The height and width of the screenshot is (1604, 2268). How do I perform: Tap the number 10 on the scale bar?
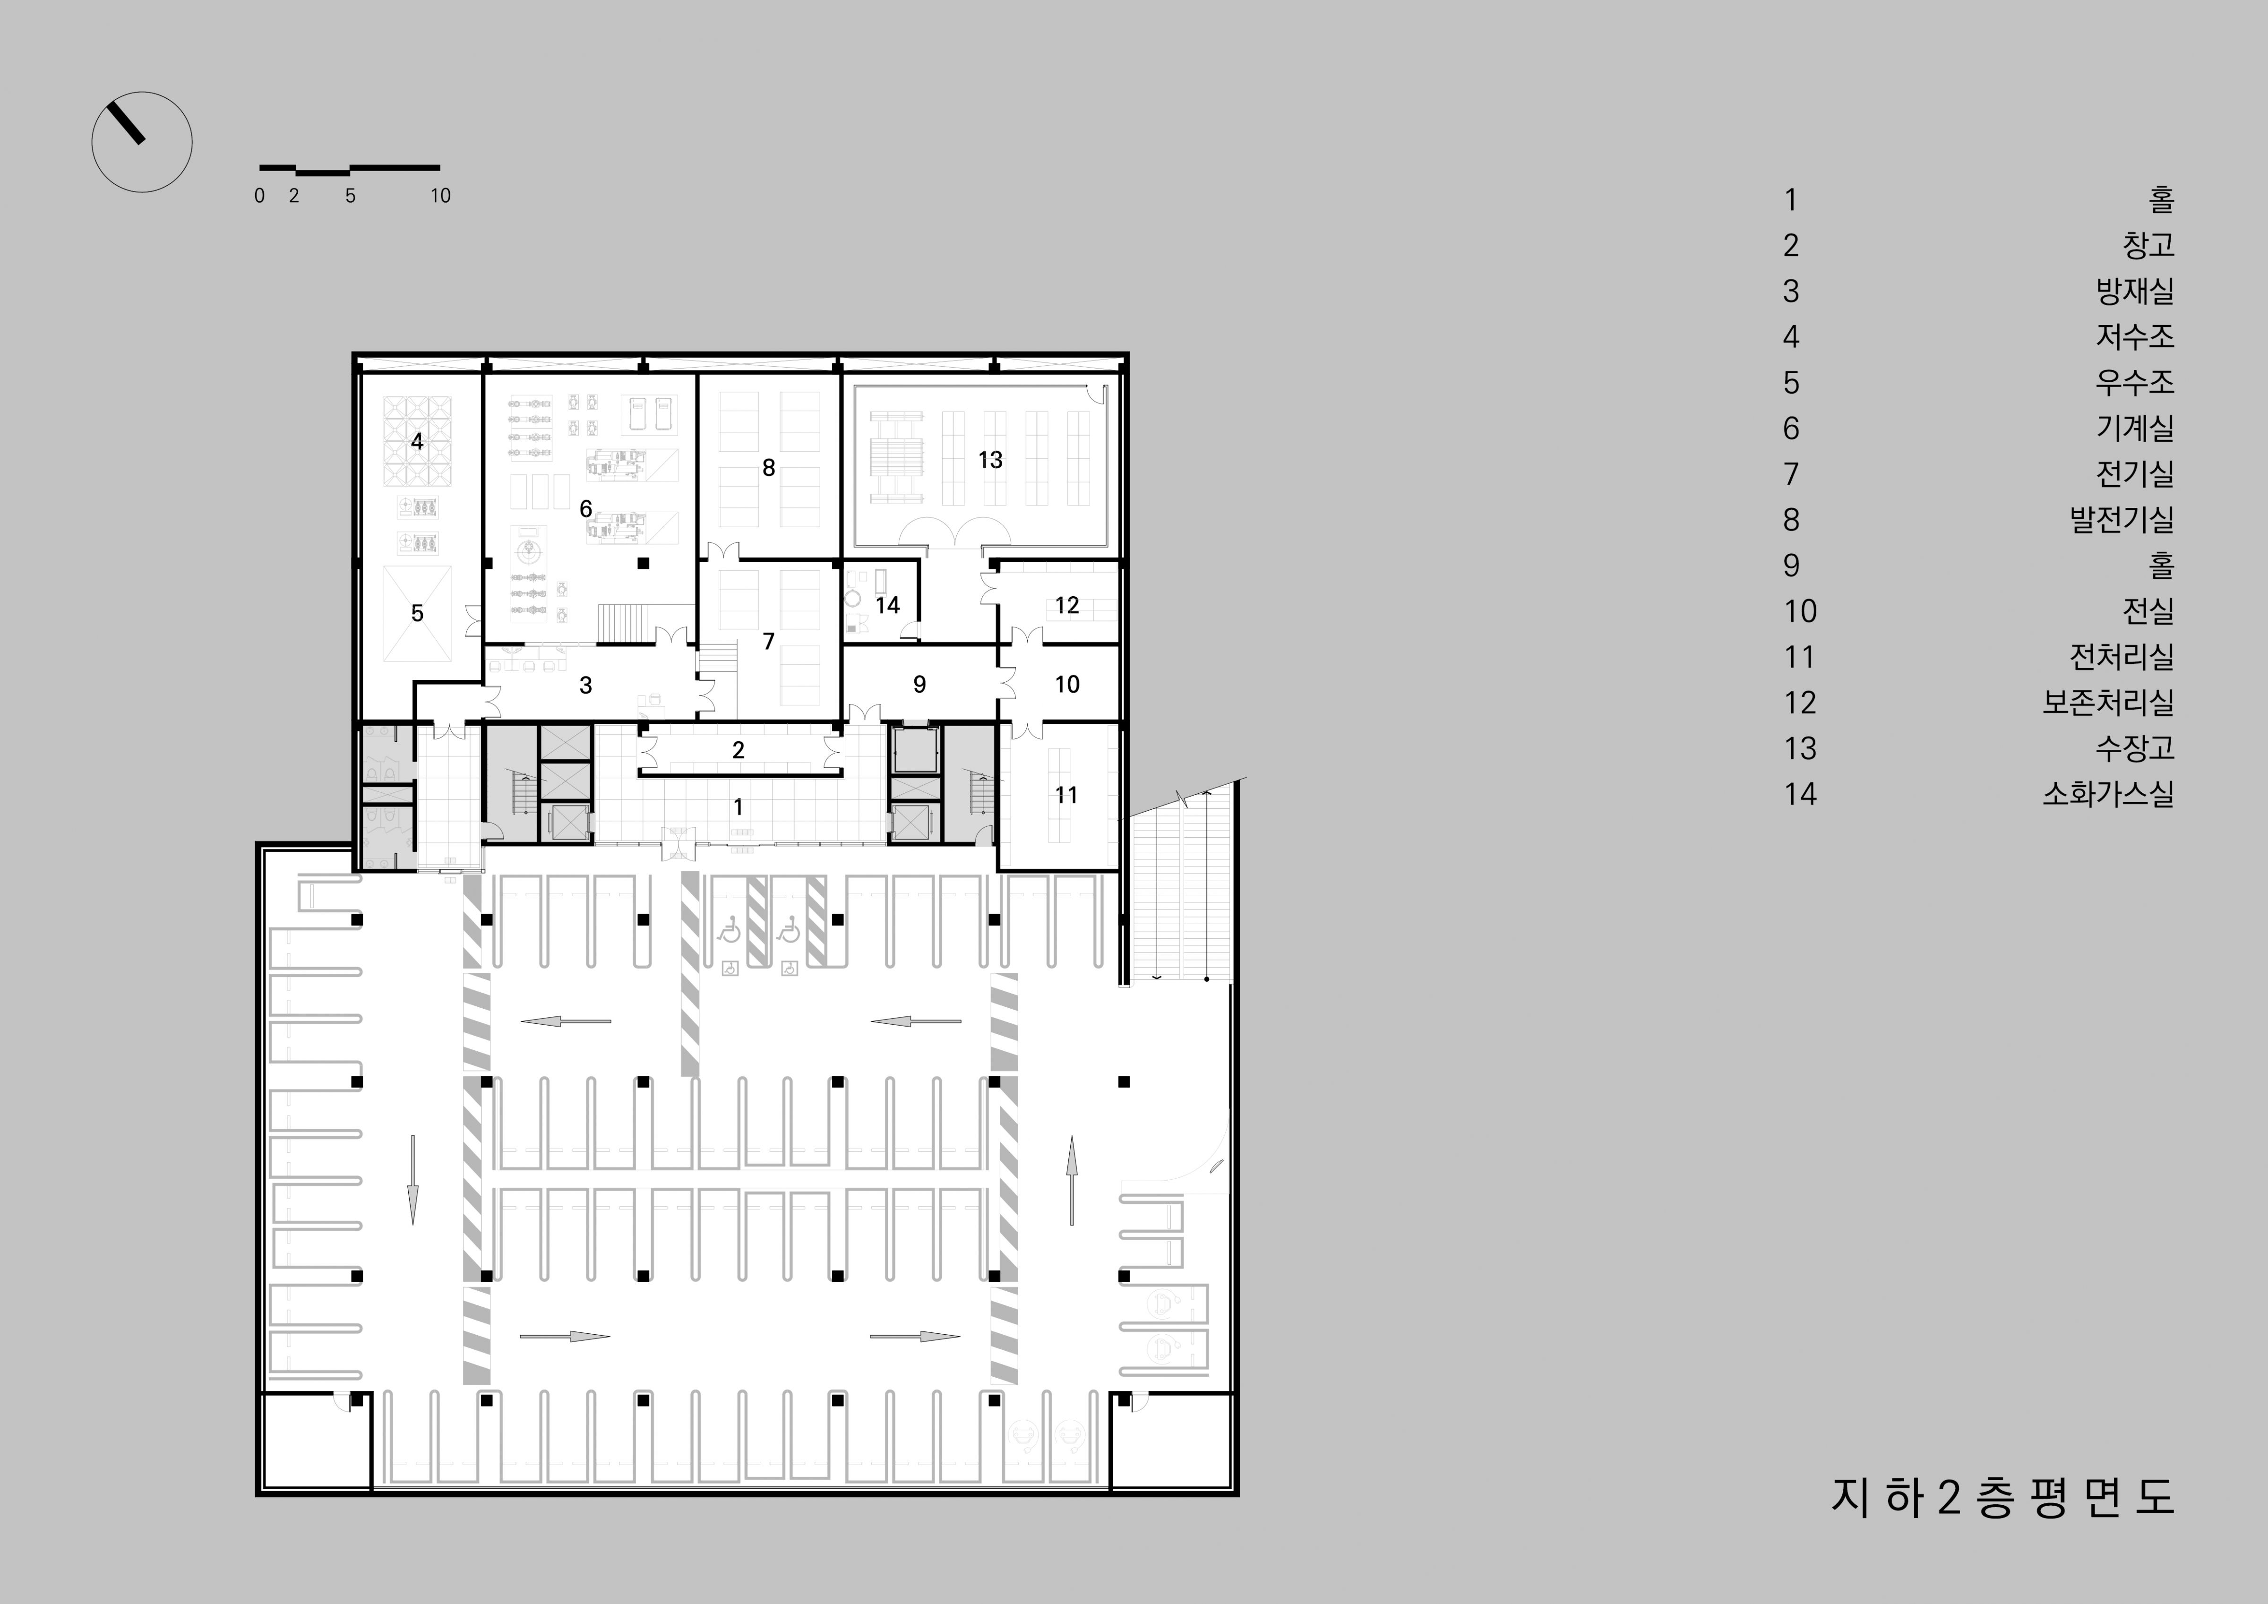(440, 196)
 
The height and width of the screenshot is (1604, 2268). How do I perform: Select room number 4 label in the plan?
(417, 441)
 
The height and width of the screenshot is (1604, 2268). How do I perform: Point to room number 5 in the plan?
(417, 613)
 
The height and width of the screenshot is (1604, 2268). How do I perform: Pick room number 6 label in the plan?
(586, 509)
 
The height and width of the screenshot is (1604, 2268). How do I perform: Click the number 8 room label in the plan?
(768, 468)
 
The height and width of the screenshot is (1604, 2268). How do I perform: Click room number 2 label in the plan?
(738, 751)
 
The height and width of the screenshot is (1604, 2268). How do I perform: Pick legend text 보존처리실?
(2108, 702)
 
